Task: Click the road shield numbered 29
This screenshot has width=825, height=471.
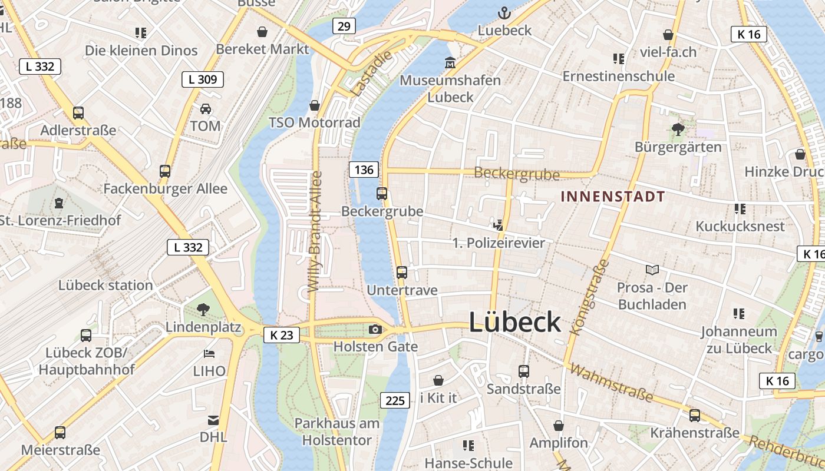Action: tap(344, 26)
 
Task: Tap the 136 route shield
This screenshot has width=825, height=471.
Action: tap(364, 170)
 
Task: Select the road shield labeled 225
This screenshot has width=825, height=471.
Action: tap(395, 400)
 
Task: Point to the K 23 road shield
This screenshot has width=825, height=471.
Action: tap(281, 335)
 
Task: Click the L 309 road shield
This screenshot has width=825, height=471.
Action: tap(203, 79)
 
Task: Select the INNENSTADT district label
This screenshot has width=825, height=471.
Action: tap(613, 197)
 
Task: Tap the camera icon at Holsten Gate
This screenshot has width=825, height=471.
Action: tap(375, 329)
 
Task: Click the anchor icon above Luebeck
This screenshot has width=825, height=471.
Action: tap(504, 12)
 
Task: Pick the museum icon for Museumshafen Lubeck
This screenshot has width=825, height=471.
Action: tap(450, 62)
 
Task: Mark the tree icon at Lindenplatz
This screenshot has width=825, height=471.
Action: tap(203, 309)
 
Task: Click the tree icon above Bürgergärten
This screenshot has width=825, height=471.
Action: tap(678, 129)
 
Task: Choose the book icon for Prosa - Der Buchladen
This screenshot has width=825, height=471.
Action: tap(652, 270)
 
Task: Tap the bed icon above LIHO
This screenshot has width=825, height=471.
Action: tap(209, 353)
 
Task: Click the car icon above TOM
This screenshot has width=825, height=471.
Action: tap(205, 108)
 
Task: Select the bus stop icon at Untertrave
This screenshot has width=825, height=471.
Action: tap(402, 272)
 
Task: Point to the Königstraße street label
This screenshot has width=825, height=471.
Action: tap(589, 298)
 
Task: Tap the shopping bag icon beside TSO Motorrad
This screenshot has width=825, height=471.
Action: tap(315, 105)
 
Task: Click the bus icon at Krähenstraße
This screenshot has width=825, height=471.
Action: tap(695, 415)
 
